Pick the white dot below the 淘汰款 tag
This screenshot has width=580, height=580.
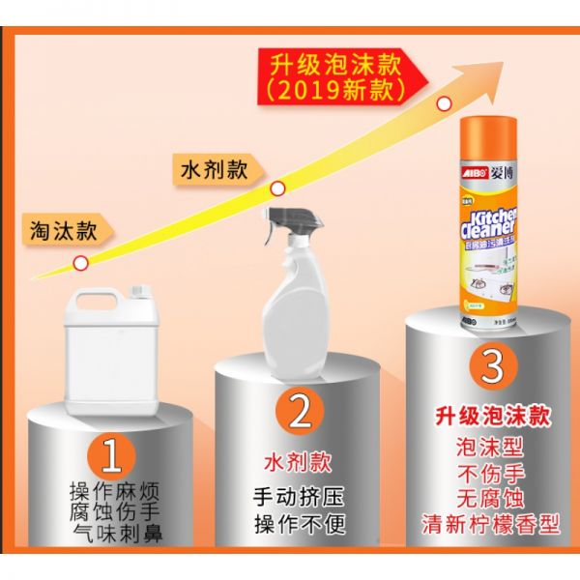tap(82, 262)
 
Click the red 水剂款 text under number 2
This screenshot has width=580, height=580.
tap(299, 456)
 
